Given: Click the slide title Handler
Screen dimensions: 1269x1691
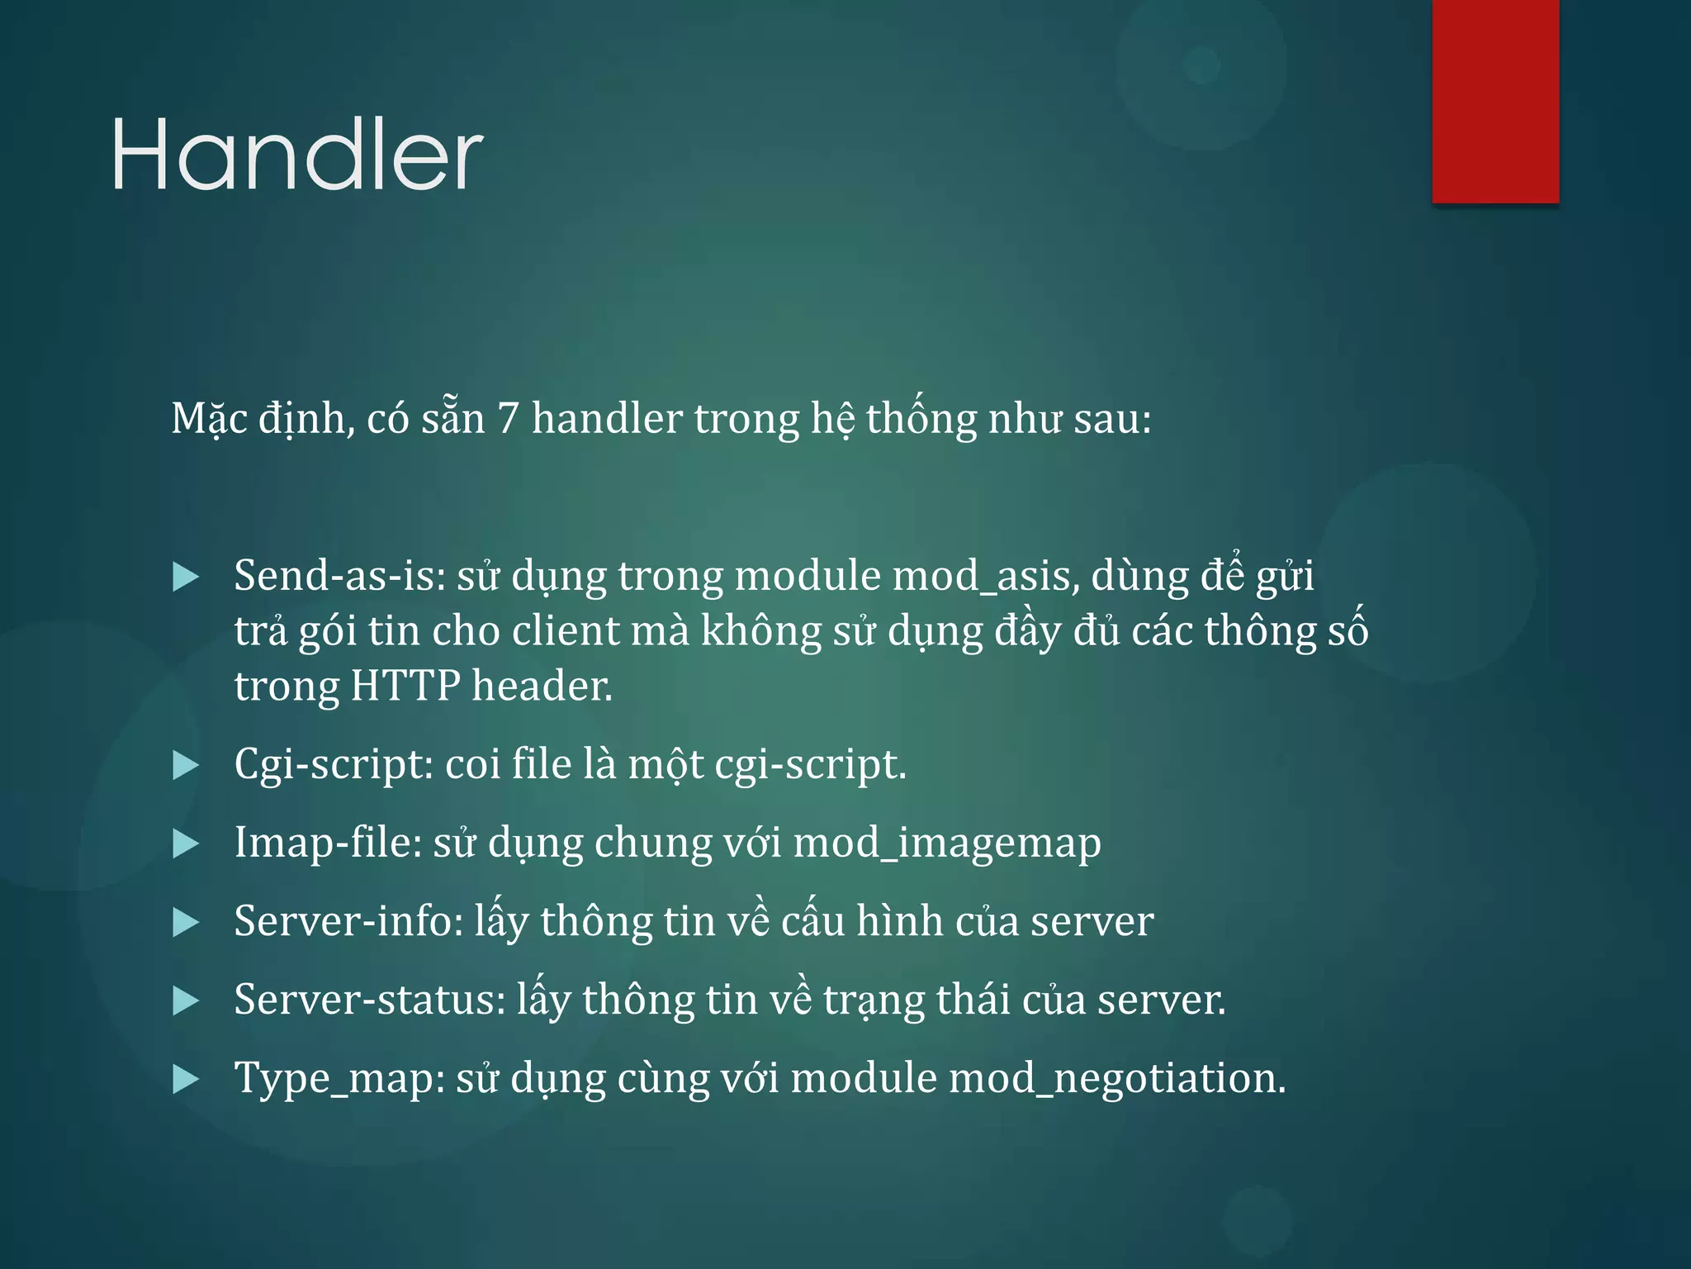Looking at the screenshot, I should click(x=297, y=154).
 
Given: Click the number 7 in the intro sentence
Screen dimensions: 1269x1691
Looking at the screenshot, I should click(x=508, y=418).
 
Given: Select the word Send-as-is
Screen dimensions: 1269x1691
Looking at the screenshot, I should click(x=339, y=575).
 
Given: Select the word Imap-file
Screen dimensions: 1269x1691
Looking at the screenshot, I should click(x=328, y=843).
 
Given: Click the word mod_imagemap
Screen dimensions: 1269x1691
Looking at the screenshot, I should click(x=947, y=844).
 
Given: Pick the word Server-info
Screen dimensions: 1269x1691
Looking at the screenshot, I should click(x=348, y=921).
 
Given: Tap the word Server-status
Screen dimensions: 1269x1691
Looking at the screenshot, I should click(x=369, y=1000).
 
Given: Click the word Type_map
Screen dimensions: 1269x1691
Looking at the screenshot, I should click(x=339, y=1079).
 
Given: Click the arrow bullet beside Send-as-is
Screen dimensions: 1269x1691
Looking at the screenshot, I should click(x=186, y=577).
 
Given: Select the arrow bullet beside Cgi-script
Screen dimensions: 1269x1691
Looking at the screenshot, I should click(x=186, y=766).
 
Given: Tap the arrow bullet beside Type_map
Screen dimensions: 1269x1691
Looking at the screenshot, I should click(x=186, y=1080).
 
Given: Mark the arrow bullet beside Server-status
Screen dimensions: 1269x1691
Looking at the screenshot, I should click(x=186, y=1001).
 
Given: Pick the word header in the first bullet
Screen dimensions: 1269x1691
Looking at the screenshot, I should click(x=542, y=686).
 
